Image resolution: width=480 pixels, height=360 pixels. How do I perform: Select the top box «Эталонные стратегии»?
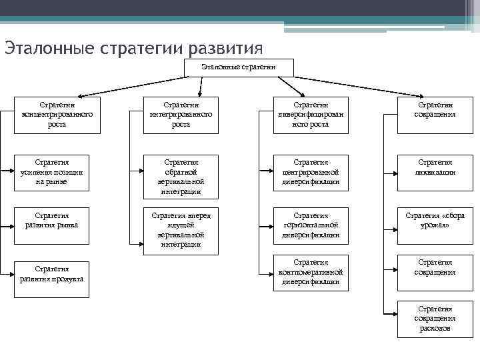(x=238, y=67)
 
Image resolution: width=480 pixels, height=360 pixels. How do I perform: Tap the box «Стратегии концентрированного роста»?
(x=57, y=115)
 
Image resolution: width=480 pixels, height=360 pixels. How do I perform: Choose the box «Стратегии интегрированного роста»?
(x=181, y=115)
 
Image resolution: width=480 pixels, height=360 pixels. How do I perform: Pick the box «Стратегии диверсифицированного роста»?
(x=311, y=115)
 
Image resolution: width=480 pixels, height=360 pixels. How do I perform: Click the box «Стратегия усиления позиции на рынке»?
(x=57, y=172)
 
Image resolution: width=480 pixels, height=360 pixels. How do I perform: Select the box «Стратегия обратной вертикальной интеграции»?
(x=181, y=177)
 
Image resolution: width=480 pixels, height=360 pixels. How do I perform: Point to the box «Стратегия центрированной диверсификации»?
(x=311, y=172)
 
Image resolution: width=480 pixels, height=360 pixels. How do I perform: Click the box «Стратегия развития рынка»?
(x=57, y=221)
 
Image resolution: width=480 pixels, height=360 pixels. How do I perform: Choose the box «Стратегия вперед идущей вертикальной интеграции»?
(x=181, y=230)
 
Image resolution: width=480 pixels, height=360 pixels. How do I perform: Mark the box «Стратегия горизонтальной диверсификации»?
(x=311, y=225)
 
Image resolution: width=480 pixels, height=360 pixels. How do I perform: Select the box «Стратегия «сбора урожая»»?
(x=435, y=221)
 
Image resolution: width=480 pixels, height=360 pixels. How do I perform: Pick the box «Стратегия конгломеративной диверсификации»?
(x=311, y=272)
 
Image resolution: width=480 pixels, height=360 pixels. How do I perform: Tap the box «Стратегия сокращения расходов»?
(x=435, y=319)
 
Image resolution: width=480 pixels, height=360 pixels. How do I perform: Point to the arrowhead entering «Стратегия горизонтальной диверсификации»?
(x=269, y=225)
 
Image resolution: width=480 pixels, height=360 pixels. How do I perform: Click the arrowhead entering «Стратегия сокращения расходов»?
(x=393, y=314)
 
